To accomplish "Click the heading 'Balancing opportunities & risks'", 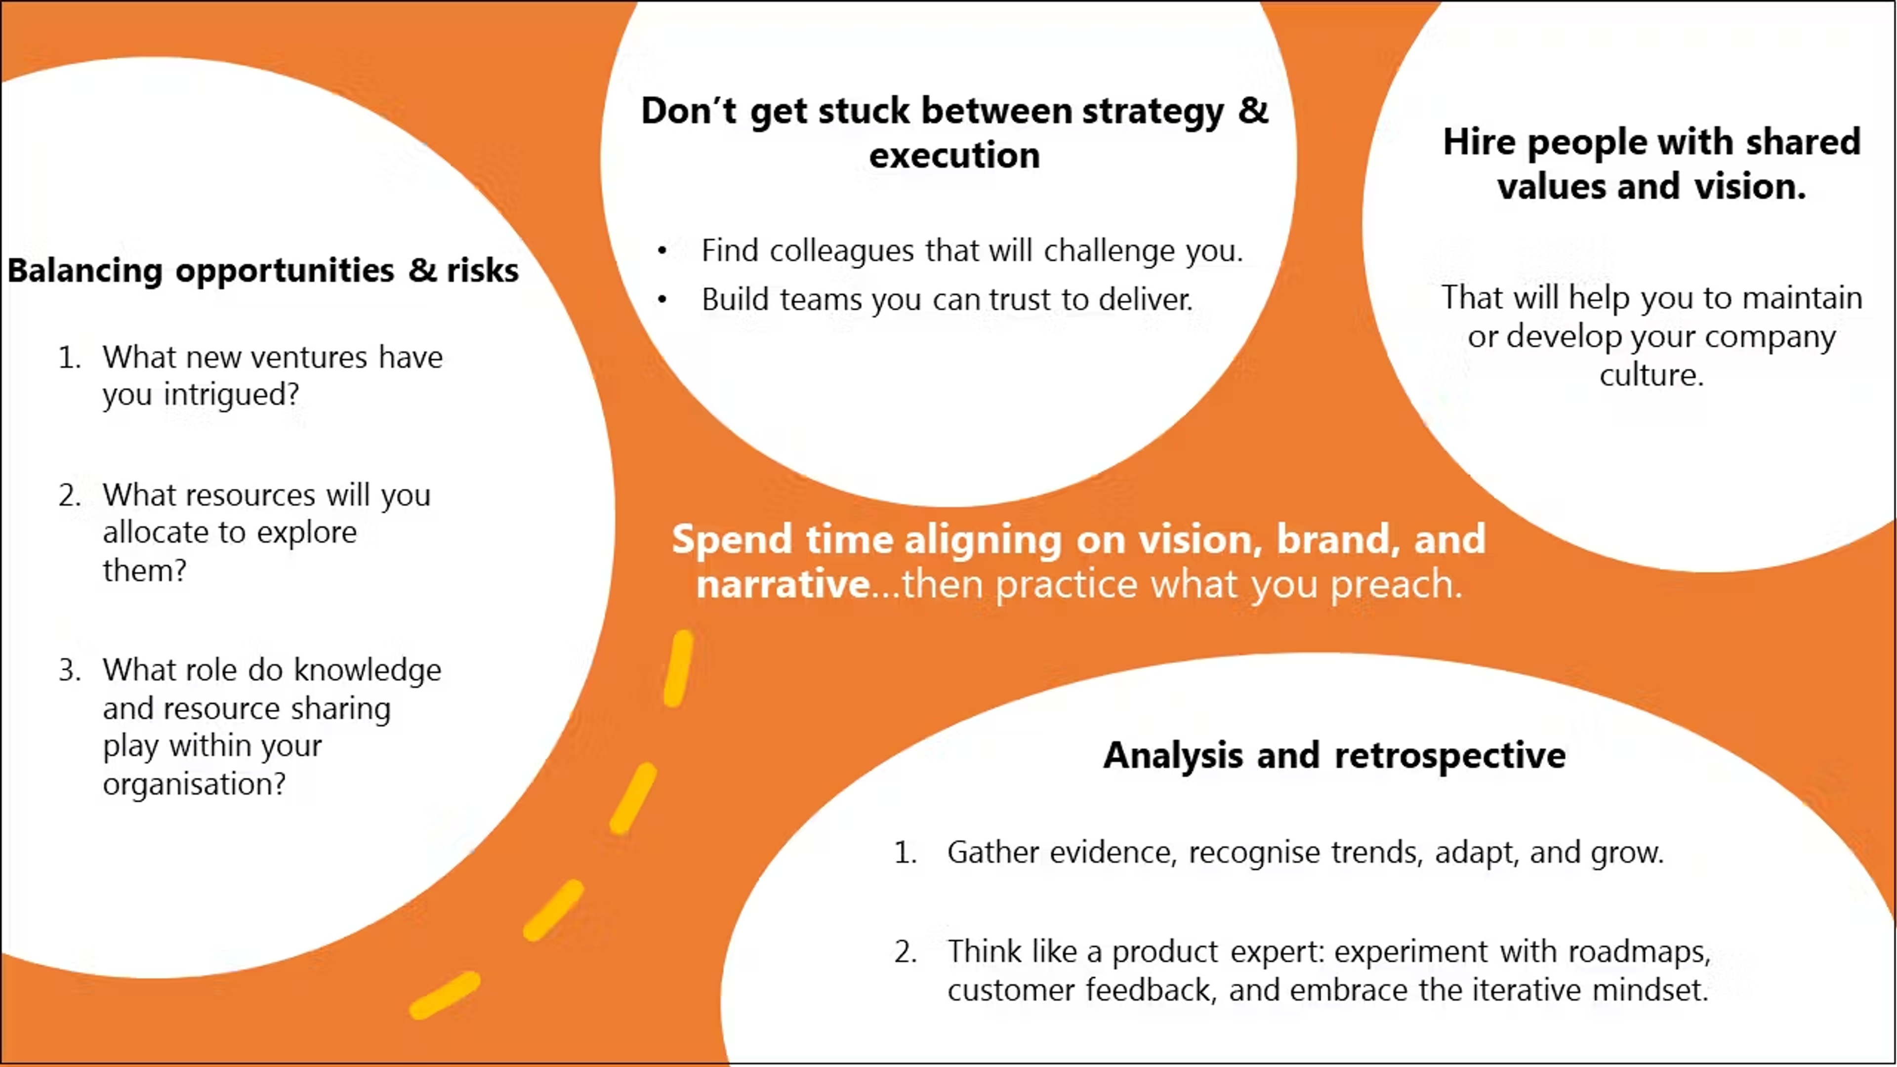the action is [x=263, y=270].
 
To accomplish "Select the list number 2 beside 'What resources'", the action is [x=70, y=495].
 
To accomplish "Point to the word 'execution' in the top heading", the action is [x=954, y=156].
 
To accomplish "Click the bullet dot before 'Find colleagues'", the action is [x=662, y=251].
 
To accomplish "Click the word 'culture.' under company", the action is [x=1652, y=375].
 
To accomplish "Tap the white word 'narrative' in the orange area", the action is [x=784, y=585].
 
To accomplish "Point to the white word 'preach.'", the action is [x=1396, y=585].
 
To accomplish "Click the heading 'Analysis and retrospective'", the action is [x=1334, y=755].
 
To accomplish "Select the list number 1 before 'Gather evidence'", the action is [x=905, y=853].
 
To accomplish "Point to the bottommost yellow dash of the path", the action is [x=445, y=995].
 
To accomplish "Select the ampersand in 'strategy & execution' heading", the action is [x=1253, y=111].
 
